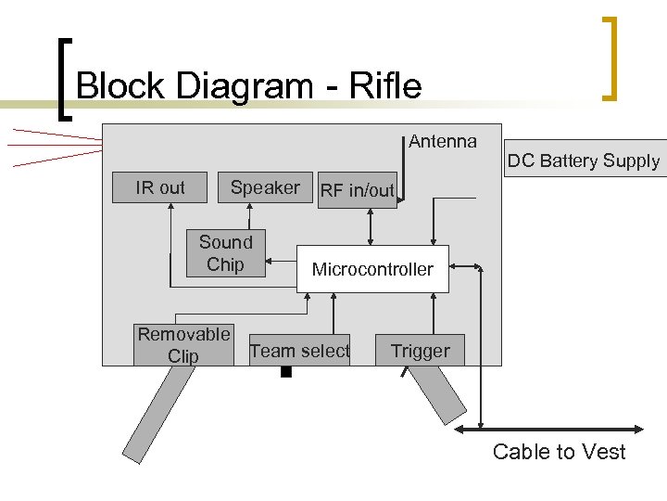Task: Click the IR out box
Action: coord(161,187)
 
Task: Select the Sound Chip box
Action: coord(226,253)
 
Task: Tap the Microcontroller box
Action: coord(372,269)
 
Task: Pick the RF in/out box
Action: coord(357,190)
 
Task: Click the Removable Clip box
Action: coord(183,345)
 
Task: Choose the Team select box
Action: coord(300,351)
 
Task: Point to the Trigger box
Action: coord(420,351)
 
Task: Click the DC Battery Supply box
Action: coord(584,161)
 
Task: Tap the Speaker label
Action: coord(265,187)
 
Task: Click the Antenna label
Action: coord(443,141)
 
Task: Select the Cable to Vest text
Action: coord(559,452)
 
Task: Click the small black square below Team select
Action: coord(285,373)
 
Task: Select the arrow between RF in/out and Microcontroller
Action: coord(371,226)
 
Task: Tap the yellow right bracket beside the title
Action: coord(610,58)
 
